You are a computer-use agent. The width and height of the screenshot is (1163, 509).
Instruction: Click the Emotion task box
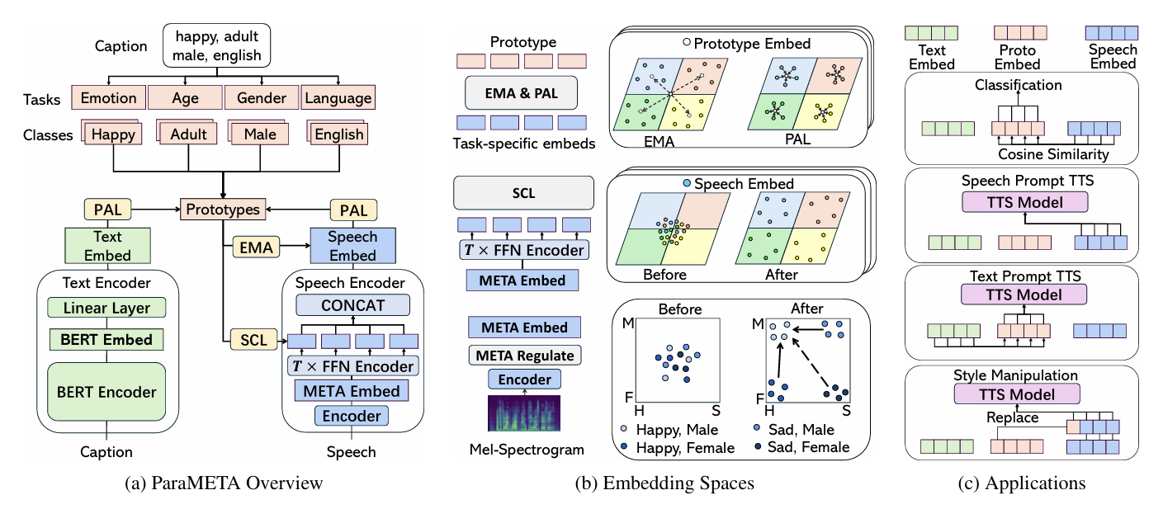108,98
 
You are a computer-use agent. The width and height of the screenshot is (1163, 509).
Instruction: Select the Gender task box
261,98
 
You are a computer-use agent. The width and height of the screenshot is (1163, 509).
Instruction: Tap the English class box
339,134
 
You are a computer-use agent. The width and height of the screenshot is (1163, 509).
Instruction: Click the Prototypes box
222,210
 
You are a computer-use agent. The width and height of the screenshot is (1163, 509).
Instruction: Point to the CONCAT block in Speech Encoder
352,305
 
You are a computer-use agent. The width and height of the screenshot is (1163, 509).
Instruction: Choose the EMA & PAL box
522,93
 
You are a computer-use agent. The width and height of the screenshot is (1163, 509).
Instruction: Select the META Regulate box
522,355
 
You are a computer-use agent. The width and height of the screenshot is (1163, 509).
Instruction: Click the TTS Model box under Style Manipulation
1016,394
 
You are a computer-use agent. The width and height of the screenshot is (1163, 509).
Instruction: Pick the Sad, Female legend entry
808,447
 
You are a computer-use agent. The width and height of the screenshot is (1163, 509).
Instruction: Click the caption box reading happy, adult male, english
217,45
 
